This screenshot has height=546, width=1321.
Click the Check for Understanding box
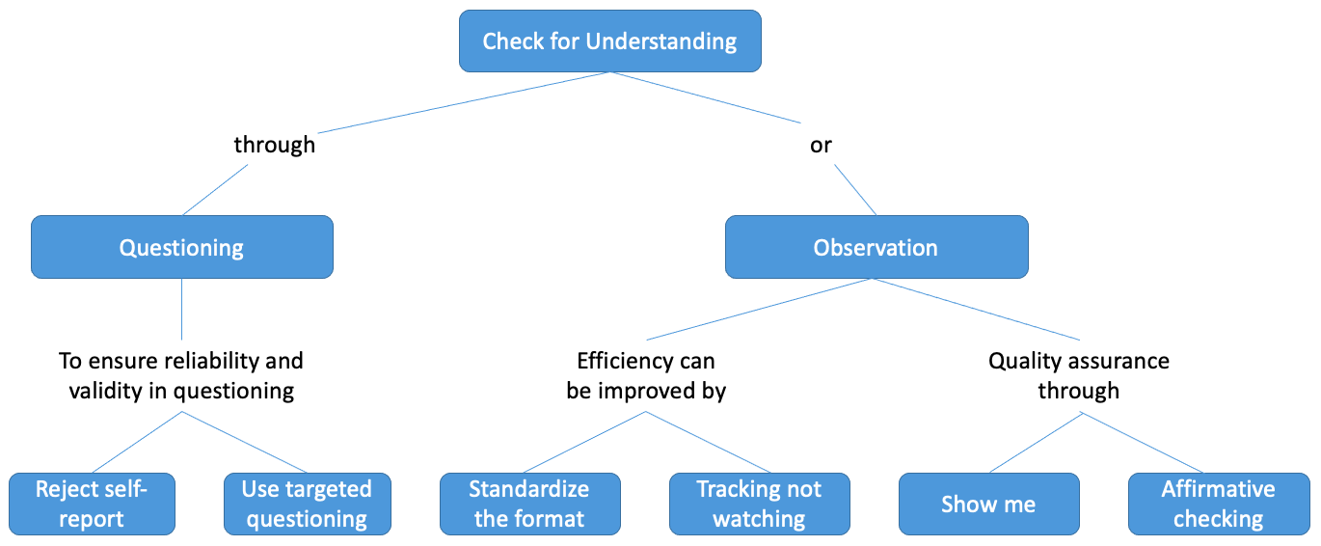609,41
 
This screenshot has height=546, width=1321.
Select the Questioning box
181,247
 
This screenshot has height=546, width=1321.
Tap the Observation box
876,247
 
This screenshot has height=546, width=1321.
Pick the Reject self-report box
92,504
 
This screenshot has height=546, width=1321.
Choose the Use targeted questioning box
308,504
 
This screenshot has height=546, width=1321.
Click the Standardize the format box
529,504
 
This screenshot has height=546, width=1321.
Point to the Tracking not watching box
760,504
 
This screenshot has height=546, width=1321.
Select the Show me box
989,504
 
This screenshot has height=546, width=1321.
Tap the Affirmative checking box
1219,504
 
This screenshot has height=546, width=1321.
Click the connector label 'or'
821,146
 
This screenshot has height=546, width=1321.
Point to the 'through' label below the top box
275,145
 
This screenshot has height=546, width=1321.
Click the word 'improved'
646,391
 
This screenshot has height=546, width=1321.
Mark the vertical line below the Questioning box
181,310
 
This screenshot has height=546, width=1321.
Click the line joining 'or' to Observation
855,189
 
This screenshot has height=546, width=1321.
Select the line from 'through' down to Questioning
215,189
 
